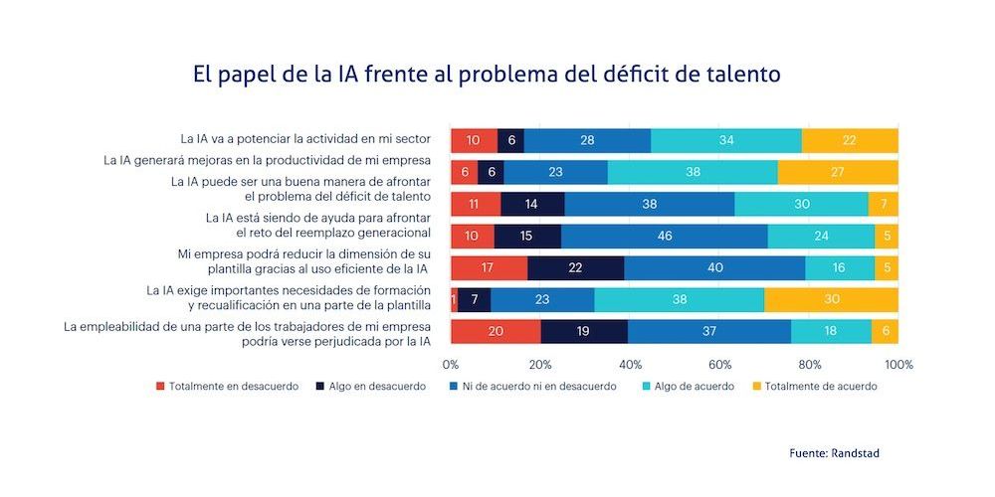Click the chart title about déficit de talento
tap(488, 75)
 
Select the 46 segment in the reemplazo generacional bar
tap(664, 237)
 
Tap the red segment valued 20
tap(496, 332)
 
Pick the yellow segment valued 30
tap(831, 300)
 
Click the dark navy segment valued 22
tap(575, 268)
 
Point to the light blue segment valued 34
tap(725, 140)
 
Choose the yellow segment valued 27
tap(837, 172)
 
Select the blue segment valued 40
tap(713, 268)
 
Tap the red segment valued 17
tap(489, 268)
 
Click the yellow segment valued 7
tap(883, 205)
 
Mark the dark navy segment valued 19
tap(584, 332)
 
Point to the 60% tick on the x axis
tap(719, 364)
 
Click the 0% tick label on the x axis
tap(451, 364)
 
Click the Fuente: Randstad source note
tap(834, 453)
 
